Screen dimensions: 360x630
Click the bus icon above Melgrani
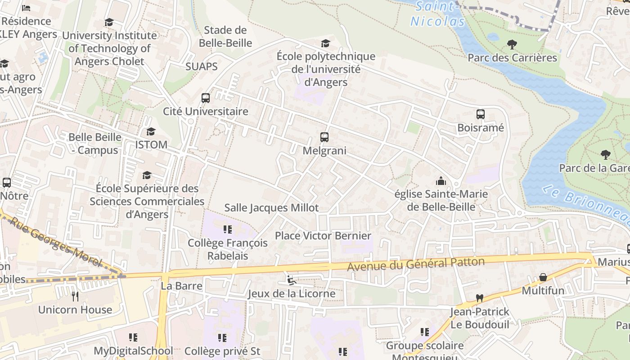(x=324, y=137)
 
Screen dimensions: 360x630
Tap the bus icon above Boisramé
(x=480, y=114)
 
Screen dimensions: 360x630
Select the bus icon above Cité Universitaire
(x=205, y=98)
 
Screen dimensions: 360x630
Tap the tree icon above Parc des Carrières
(x=512, y=45)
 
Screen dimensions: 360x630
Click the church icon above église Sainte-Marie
(x=441, y=181)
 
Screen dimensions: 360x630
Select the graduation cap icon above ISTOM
(x=151, y=131)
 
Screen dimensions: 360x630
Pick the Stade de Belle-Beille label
(x=225, y=36)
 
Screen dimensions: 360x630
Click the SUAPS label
(x=202, y=67)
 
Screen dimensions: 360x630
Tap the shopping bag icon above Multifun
(x=543, y=277)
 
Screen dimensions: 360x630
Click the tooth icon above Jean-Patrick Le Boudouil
(x=480, y=298)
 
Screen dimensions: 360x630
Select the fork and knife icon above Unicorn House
(x=75, y=296)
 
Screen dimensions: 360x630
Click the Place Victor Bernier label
(x=323, y=236)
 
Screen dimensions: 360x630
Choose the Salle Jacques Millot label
(x=271, y=207)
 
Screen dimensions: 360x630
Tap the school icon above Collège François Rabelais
(x=227, y=229)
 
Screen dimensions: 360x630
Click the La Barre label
(x=181, y=286)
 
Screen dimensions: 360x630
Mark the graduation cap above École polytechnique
(x=325, y=43)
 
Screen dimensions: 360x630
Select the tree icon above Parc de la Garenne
(x=605, y=155)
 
